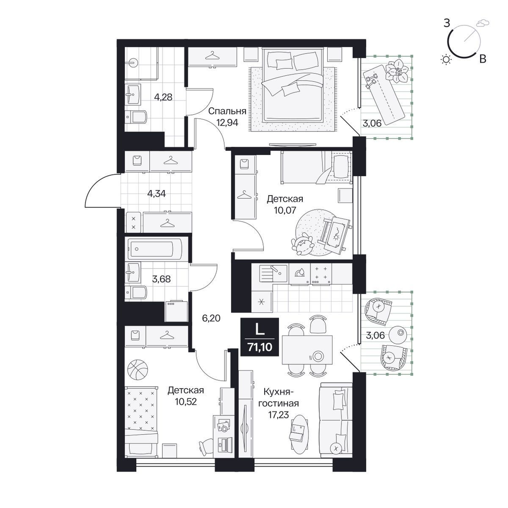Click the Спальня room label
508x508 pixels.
[227, 111]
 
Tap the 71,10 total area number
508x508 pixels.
[260, 347]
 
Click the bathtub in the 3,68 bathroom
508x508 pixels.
[154, 249]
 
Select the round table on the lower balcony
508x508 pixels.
[398, 334]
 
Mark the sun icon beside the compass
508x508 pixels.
[447, 59]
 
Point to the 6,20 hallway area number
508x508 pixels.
[211, 319]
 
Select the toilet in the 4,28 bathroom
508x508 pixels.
[137, 117]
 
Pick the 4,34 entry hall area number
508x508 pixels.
[156, 194]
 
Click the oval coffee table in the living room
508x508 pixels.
[299, 434]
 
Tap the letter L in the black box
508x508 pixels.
[260, 330]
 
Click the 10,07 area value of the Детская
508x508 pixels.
[285, 210]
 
